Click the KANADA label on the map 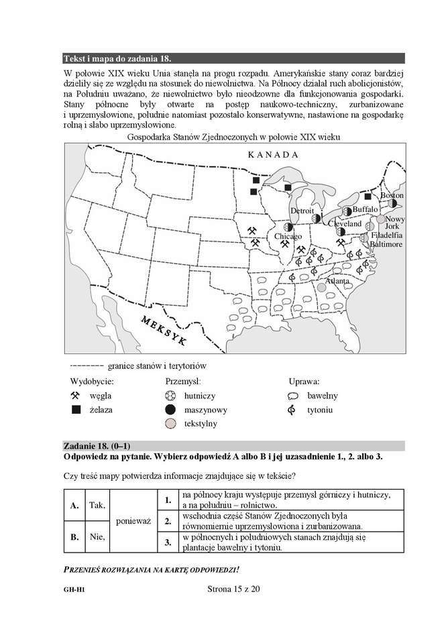(272, 154)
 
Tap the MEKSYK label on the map (164, 330)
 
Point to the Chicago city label (288, 237)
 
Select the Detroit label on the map (302, 211)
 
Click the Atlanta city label (337, 281)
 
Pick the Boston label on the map (392, 195)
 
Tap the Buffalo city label (366, 209)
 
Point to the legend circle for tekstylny (170, 424)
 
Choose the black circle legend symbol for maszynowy (170, 409)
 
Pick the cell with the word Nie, (97, 536)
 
